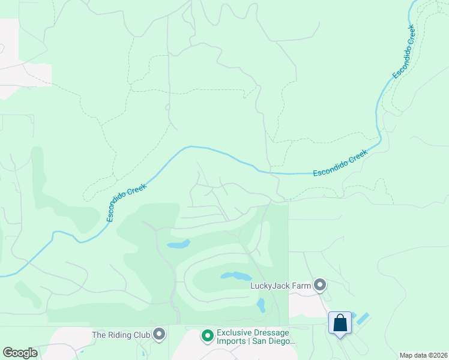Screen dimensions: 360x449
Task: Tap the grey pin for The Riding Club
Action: click(159, 334)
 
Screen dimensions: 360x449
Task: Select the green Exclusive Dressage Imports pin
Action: click(208, 335)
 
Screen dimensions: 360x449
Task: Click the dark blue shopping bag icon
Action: click(340, 323)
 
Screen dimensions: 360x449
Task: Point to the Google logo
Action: click(20, 353)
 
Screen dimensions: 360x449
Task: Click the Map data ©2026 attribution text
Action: click(423, 355)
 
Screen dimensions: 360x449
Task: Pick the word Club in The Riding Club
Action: click(142, 334)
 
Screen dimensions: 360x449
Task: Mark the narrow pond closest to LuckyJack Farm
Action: click(261, 305)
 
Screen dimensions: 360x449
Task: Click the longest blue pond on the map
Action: click(235, 276)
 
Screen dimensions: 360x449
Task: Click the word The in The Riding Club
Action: click(99, 334)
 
